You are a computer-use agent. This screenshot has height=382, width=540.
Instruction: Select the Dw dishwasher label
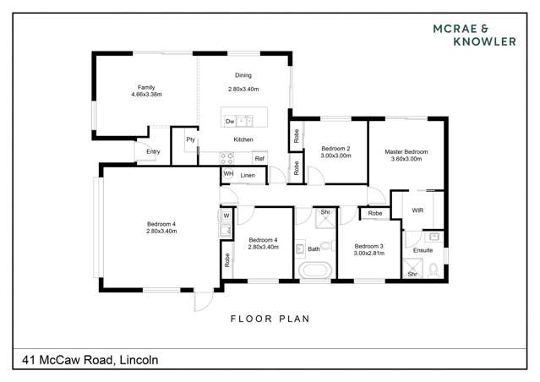click(229, 123)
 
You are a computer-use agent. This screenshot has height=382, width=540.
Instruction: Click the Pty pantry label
click(190, 139)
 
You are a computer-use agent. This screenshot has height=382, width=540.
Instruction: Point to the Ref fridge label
click(259, 158)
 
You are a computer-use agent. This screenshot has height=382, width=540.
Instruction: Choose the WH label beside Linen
click(227, 175)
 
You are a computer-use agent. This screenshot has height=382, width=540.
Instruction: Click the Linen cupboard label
click(248, 175)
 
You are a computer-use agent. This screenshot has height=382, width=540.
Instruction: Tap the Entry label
click(153, 152)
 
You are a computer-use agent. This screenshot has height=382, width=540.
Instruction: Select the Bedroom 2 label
click(335, 152)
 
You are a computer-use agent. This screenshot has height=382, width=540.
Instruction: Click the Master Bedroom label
click(406, 155)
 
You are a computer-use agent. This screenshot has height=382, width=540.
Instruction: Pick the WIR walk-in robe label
click(417, 209)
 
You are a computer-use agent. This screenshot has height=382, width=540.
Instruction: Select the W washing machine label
click(226, 216)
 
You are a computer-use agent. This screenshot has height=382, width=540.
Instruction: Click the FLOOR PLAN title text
click(270, 319)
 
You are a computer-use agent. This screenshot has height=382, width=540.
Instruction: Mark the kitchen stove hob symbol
click(226, 157)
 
